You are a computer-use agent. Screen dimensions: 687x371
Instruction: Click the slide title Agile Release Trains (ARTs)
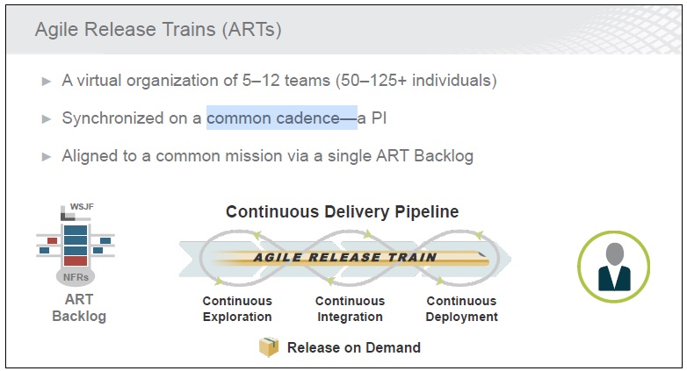(158, 30)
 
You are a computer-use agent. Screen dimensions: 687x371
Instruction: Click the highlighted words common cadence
(272, 118)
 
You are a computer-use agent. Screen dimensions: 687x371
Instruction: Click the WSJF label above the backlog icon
(82, 206)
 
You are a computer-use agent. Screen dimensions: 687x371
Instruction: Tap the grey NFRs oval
(76, 277)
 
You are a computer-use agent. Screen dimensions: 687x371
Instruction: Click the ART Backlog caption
(79, 308)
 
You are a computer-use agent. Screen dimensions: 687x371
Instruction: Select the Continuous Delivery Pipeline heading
(343, 211)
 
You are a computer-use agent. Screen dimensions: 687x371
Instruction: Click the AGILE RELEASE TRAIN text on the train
(344, 257)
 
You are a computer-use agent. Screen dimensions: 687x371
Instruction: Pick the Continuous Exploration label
(237, 309)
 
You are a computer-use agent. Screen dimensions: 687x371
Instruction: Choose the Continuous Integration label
(350, 309)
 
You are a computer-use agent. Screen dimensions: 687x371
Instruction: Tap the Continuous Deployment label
(462, 309)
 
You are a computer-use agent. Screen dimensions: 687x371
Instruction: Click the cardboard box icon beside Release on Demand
(269, 347)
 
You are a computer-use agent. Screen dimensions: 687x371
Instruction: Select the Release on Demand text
(353, 348)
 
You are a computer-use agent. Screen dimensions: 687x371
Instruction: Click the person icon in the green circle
(614, 267)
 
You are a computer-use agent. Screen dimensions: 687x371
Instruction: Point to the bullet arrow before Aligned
(47, 157)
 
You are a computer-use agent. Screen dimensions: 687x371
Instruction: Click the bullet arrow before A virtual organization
(47, 82)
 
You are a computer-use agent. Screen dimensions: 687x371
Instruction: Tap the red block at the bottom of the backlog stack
(76, 261)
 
